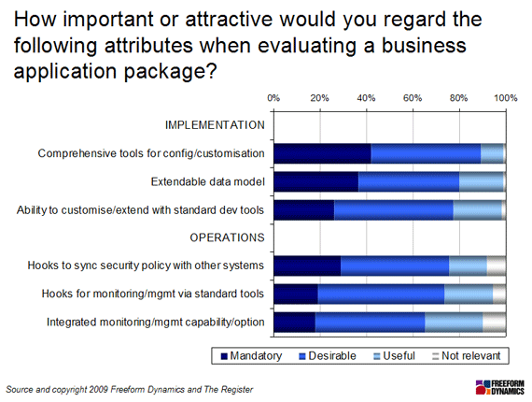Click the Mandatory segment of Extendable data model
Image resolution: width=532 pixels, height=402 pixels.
(x=316, y=181)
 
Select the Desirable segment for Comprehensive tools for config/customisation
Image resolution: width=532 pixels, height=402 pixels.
(x=426, y=153)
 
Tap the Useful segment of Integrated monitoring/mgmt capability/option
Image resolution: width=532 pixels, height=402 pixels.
(x=454, y=323)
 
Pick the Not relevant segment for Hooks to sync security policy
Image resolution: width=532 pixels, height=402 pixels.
(x=497, y=266)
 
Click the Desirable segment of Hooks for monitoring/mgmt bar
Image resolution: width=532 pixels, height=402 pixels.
(x=381, y=294)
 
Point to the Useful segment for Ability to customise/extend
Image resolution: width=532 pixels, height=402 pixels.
(x=477, y=210)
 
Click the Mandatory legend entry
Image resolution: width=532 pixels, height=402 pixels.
(x=251, y=356)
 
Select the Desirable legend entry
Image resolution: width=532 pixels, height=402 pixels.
(x=328, y=356)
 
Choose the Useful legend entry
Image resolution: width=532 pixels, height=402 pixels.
(x=394, y=356)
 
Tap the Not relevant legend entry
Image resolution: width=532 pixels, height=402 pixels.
(x=466, y=356)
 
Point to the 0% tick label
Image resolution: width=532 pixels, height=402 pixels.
(x=273, y=98)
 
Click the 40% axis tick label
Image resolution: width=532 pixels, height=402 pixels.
(x=367, y=98)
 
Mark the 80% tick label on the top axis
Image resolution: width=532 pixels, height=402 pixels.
(x=459, y=98)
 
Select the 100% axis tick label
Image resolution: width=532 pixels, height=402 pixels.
(x=506, y=98)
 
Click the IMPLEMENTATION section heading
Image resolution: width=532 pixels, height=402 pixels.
(x=215, y=125)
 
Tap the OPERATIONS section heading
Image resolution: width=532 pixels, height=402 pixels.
(x=227, y=237)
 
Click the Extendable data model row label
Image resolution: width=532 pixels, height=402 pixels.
(x=207, y=181)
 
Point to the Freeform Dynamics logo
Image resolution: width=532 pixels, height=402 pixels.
(x=499, y=387)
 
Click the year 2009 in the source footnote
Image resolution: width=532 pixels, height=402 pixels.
(x=98, y=390)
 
